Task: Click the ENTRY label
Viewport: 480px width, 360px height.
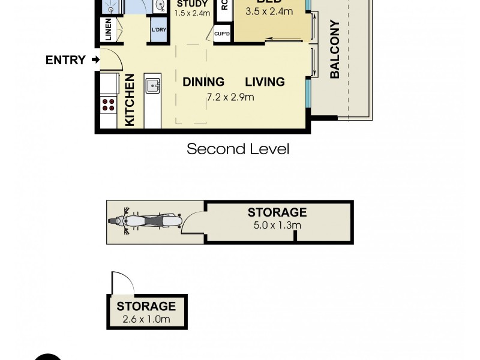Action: [x=65, y=59]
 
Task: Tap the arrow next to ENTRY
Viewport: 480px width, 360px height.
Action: [x=95, y=59]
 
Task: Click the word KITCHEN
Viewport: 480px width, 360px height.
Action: [x=130, y=100]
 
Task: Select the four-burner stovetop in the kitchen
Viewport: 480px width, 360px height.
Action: [x=109, y=106]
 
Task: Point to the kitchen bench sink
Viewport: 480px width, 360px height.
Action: [x=152, y=85]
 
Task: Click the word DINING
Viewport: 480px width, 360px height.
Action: [x=203, y=82]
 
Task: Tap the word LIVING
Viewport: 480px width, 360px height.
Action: [x=264, y=82]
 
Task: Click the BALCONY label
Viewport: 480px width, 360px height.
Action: [x=335, y=49]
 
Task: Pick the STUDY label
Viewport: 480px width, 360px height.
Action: [x=192, y=4]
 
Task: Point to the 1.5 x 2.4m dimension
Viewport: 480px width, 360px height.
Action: [x=192, y=13]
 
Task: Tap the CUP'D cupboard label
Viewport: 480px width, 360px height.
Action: [x=222, y=34]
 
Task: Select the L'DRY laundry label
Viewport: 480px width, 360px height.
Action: [x=159, y=30]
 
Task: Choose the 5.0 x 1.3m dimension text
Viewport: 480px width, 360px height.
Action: [x=277, y=226]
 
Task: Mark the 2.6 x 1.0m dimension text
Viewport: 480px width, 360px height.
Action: [x=146, y=319]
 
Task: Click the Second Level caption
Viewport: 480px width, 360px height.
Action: [x=238, y=149]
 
